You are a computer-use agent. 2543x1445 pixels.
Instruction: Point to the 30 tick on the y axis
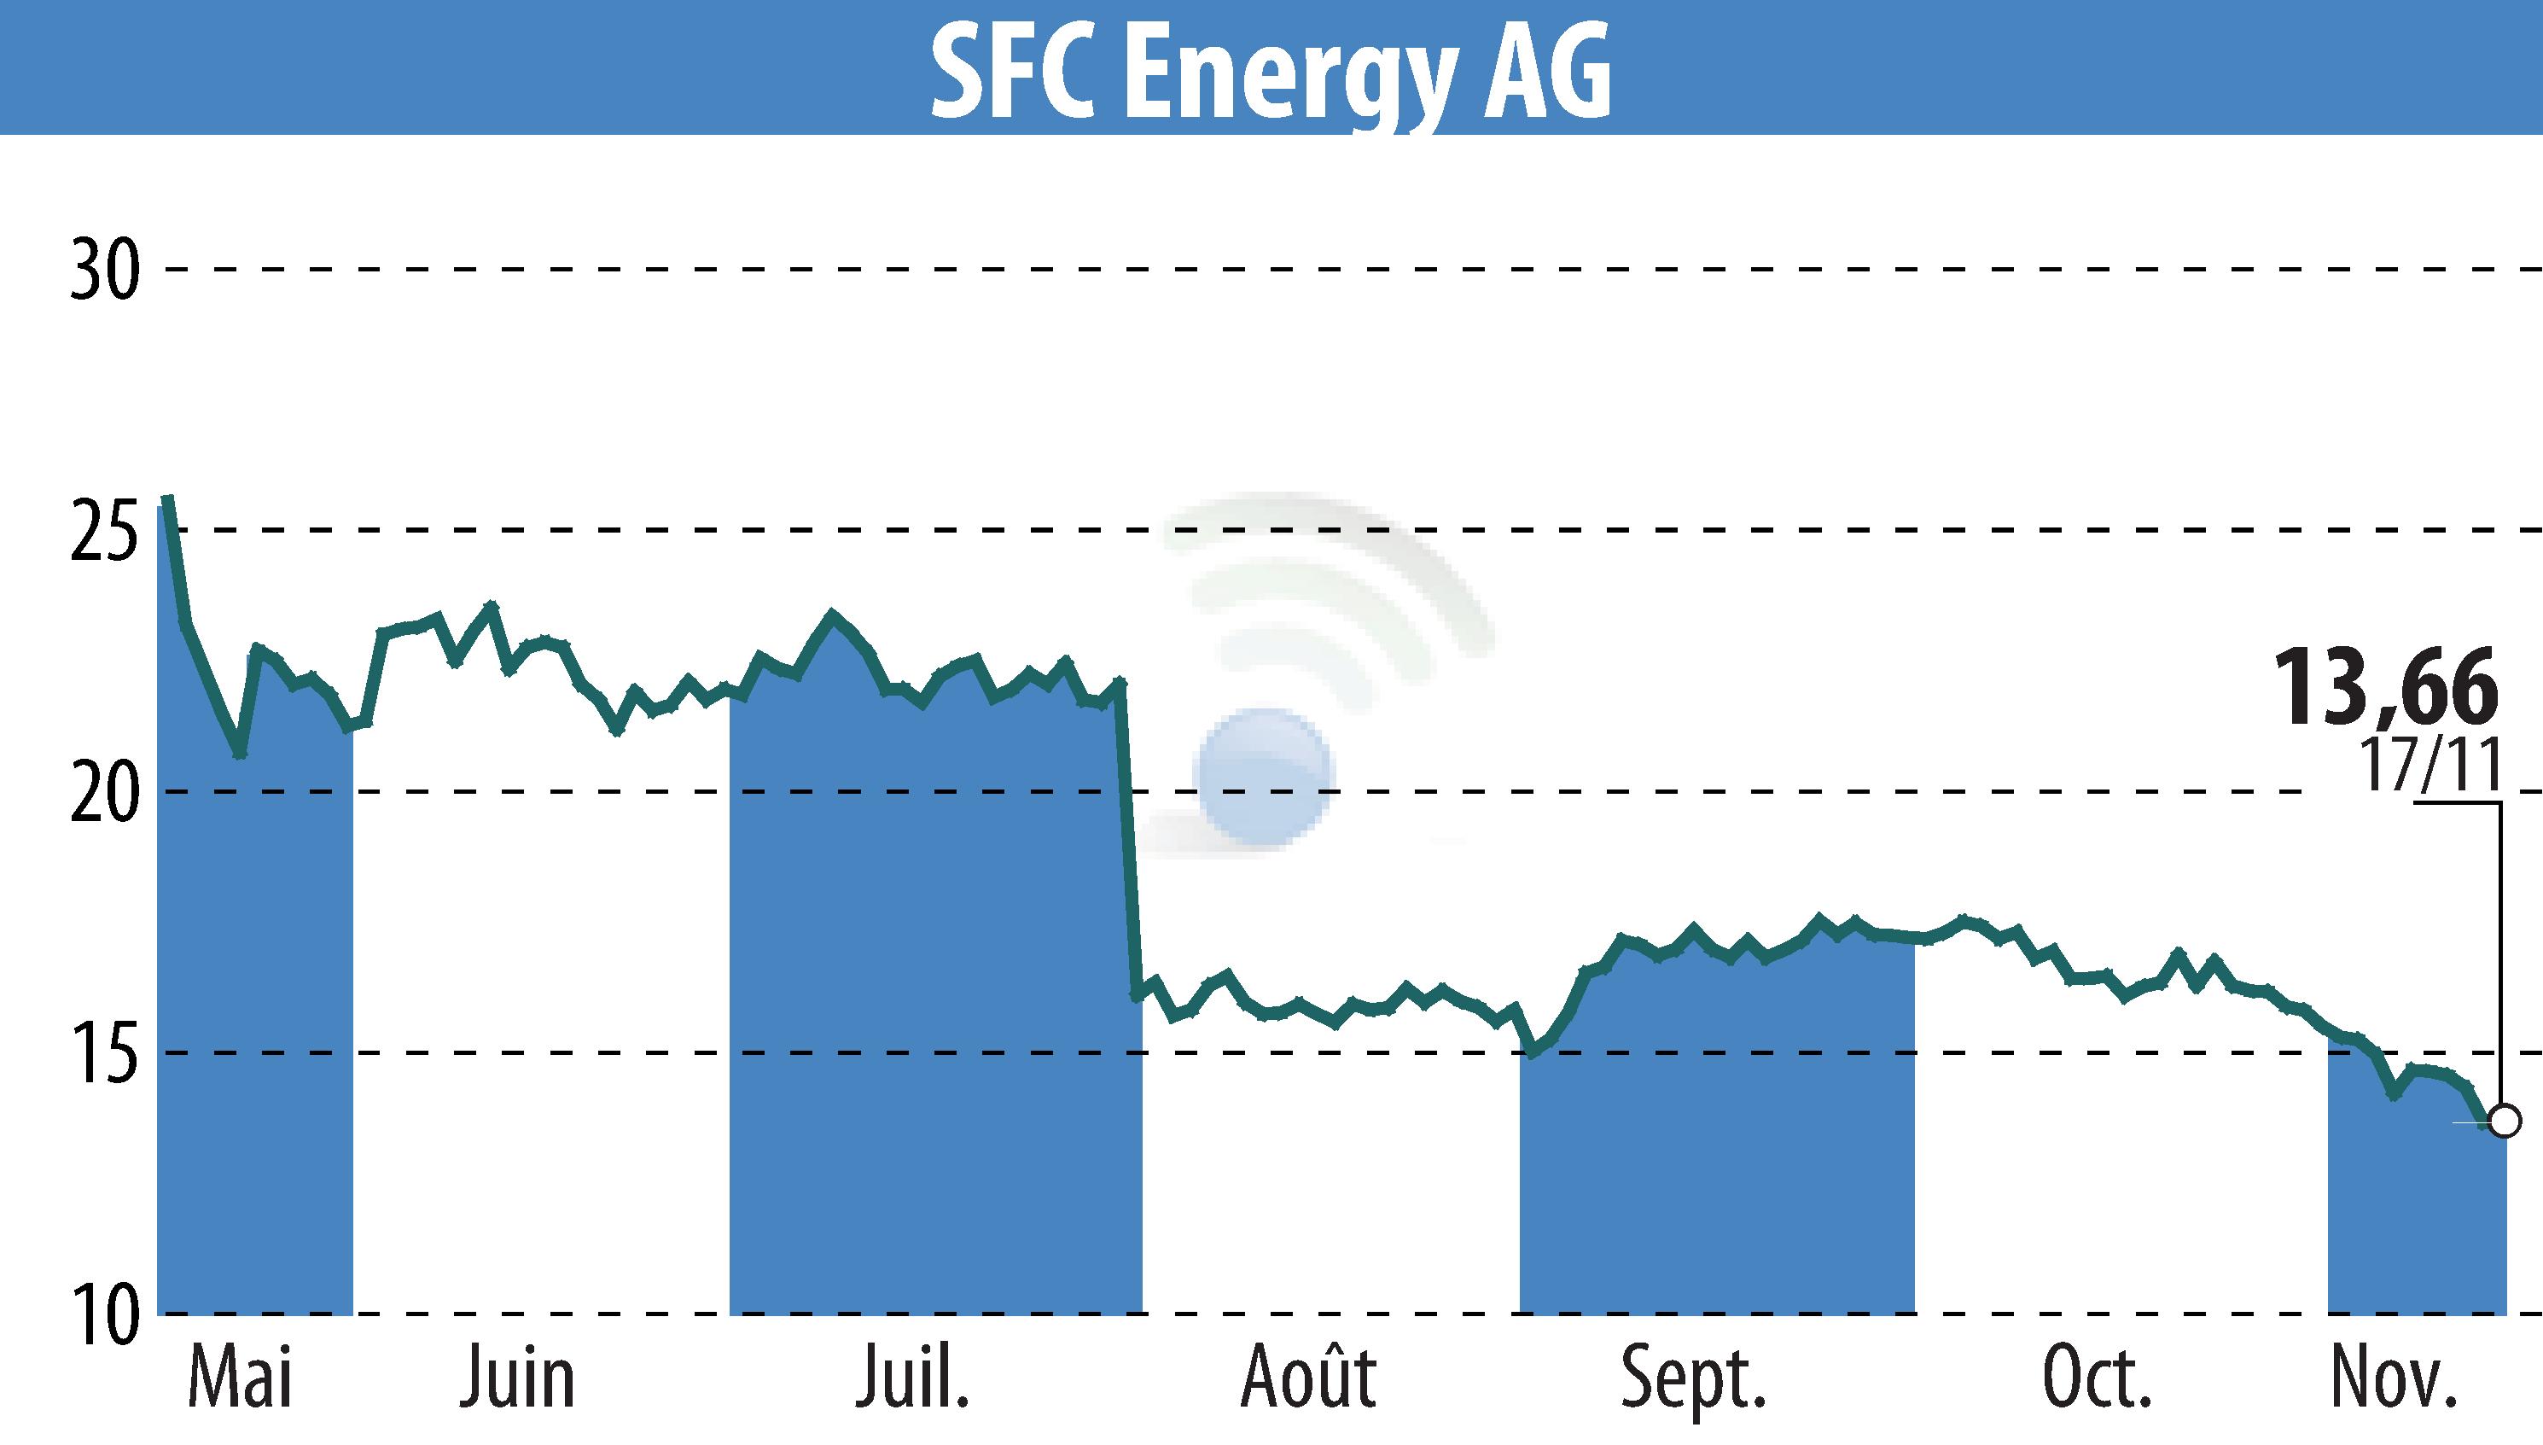click(x=104, y=270)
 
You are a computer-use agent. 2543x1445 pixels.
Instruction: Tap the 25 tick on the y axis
click(x=104, y=531)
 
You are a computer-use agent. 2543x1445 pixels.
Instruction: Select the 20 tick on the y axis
click(x=104, y=792)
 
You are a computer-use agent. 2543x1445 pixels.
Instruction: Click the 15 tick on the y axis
click(x=104, y=1053)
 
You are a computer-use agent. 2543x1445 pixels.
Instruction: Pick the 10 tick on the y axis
click(x=104, y=1313)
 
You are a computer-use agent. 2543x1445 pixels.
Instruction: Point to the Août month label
click(x=1309, y=1376)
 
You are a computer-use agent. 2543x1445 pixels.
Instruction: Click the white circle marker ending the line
click(x=2505, y=1122)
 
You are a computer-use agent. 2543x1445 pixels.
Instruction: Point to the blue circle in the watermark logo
click(x=1263, y=777)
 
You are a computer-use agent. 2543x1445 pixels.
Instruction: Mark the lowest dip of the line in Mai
click(x=240, y=755)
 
